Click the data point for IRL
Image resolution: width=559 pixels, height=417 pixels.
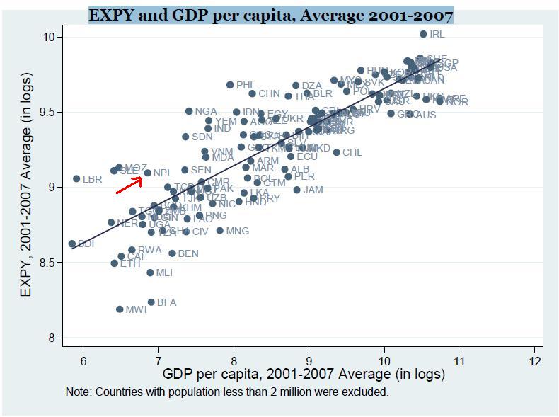click(x=423, y=34)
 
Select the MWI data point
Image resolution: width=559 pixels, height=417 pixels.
click(x=120, y=309)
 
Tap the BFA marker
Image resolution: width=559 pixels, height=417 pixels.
click(x=151, y=302)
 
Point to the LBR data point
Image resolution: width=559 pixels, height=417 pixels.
click(x=76, y=179)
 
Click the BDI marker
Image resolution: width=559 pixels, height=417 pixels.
click(x=71, y=244)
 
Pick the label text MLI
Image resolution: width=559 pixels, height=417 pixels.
click(x=164, y=273)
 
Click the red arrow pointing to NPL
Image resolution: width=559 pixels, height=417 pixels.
click(x=129, y=185)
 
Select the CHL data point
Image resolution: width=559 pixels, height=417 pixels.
click(x=337, y=152)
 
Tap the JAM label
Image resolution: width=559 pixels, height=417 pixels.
click(x=313, y=190)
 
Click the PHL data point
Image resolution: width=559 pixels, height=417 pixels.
click(x=230, y=85)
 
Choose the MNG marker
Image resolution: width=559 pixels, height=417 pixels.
click(x=219, y=231)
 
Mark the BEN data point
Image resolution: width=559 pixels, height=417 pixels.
click(x=172, y=253)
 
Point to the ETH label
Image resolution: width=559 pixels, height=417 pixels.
click(x=130, y=263)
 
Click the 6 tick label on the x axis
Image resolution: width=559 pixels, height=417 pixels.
click(x=83, y=360)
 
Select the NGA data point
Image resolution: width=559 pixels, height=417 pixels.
click(x=189, y=111)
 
